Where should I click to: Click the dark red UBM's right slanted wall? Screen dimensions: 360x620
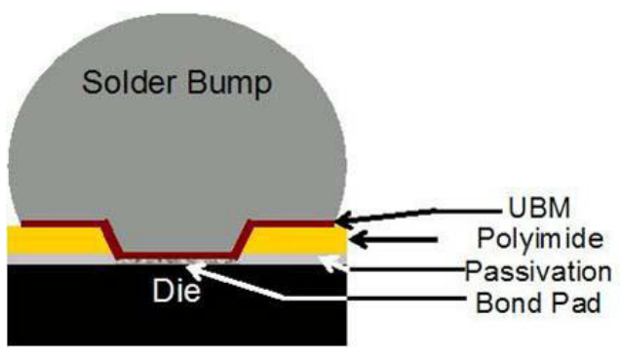(243, 239)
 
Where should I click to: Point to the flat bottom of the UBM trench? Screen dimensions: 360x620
(175, 257)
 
